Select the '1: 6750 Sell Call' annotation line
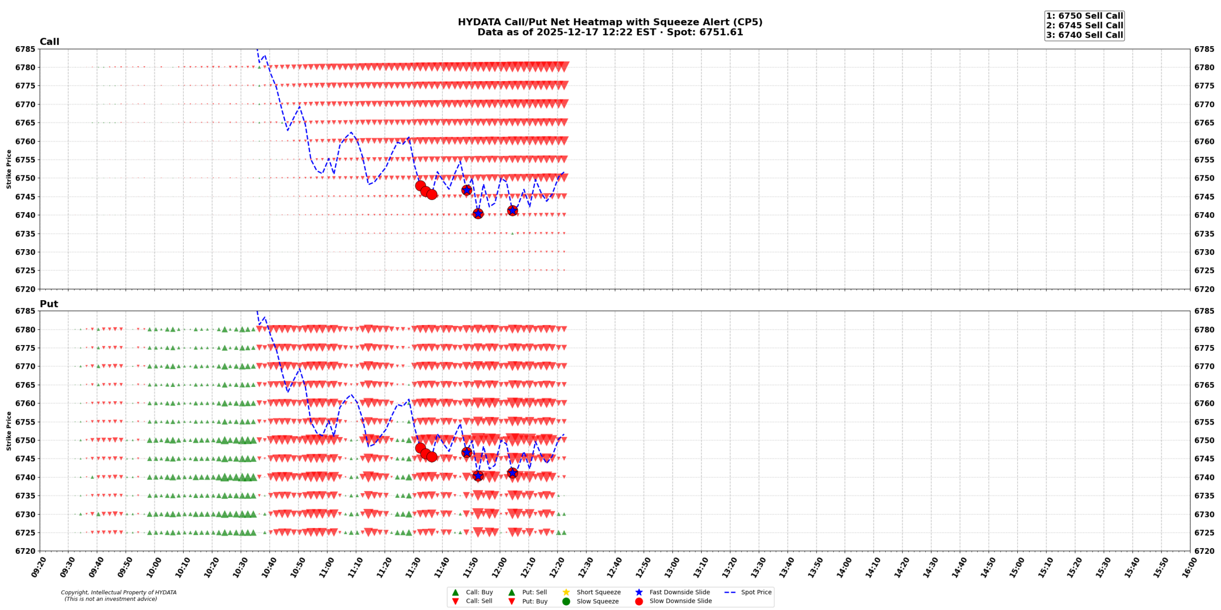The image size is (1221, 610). [1084, 16]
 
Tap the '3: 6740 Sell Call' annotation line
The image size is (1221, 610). [1084, 35]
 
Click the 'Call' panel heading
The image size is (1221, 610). [49, 41]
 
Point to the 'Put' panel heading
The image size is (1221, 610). [49, 304]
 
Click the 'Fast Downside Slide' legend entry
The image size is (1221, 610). [679, 592]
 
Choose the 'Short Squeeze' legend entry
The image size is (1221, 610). [598, 592]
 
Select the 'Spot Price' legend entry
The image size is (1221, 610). [756, 592]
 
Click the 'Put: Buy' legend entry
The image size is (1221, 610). [534, 601]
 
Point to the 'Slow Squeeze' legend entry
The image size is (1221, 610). [597, 601]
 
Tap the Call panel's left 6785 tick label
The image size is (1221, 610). [25, 49]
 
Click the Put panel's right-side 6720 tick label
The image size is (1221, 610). [1204, 551]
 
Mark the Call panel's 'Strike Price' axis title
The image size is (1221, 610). [9, 169]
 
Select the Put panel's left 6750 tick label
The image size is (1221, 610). [25, 440]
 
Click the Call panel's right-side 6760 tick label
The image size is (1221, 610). [1204, 142]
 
